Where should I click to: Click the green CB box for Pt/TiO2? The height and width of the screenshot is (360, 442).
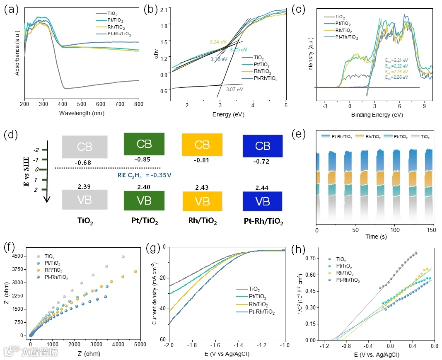[x=144, y=144]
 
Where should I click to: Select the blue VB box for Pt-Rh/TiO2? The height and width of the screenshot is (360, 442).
[x=263, y=201]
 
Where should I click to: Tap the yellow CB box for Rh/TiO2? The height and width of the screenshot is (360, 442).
[x=202, y=145]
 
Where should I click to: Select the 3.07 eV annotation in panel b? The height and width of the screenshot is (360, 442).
[x=235, y=89]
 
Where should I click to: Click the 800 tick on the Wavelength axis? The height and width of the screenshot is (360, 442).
[x=139, y=105]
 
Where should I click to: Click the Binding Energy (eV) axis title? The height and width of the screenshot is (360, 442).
[x=374, y=114]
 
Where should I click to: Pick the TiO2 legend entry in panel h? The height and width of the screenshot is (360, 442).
[x=341, y=259]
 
